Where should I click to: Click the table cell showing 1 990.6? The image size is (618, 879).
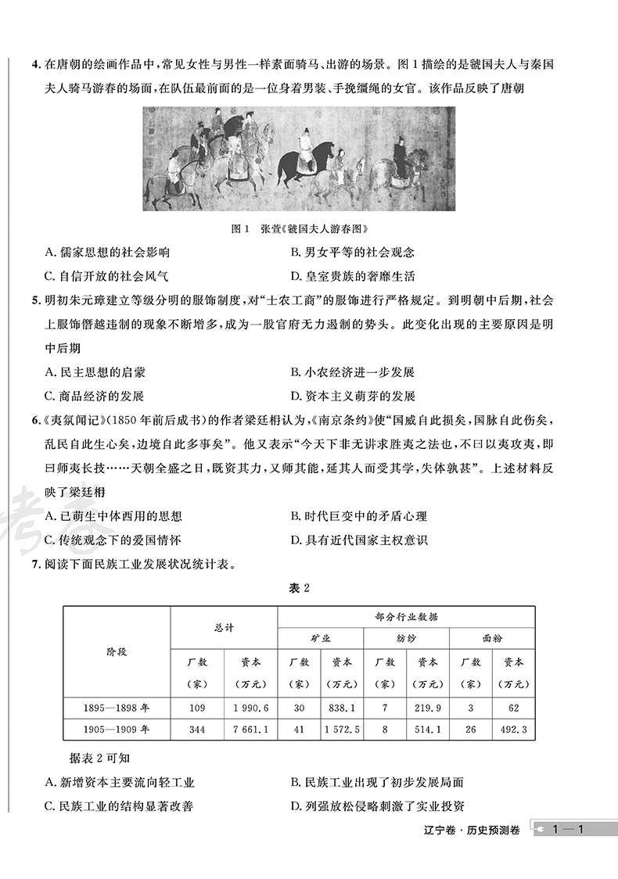[x=250, y=709]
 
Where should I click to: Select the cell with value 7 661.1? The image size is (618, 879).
[x=250, y=730]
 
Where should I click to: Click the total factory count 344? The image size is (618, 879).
[x=197, y=730]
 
